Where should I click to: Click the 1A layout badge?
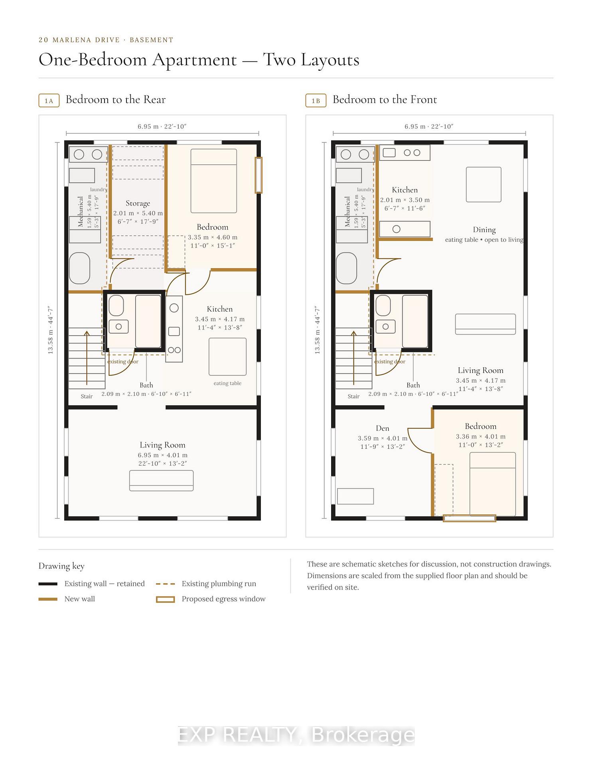tap(49, 101)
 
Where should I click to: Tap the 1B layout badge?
tap(316, 101)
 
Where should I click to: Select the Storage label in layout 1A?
tap(138, 203)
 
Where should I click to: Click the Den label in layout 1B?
tap(383, 428)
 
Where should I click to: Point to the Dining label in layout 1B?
tap(484, 230)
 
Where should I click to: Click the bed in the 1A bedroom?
tap(214, 181)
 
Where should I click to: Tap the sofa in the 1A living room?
tap(162, 480)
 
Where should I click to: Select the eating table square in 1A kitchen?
tap(227, 357)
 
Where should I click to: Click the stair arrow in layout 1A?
tap(87, 358)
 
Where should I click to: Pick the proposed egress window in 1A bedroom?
tap(259, 175)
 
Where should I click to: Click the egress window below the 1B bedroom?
tap(470, 518)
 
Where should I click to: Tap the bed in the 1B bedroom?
tap(493, 484)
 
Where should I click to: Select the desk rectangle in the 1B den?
tap(355, 496)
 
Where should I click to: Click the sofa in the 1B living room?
tap(485, 324)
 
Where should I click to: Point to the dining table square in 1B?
tap(483, 184)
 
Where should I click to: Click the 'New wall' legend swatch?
tap(48, 599)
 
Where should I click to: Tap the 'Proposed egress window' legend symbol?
tap(165, 599)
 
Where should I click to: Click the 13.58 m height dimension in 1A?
tap(50, 330)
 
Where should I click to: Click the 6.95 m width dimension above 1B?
tap(429, 126)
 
